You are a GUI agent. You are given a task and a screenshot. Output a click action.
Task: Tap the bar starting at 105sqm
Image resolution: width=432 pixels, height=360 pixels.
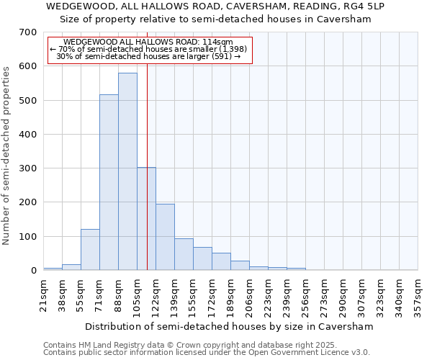point(146,219)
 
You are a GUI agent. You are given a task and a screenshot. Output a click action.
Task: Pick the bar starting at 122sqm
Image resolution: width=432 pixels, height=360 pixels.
point(165,237)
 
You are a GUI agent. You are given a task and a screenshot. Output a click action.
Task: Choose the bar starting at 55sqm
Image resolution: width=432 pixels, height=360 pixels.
point(90,250)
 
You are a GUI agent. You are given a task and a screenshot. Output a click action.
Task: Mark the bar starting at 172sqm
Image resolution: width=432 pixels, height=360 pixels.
point(221,261)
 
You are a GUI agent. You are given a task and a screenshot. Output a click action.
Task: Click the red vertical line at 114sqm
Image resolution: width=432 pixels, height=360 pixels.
point(147,144)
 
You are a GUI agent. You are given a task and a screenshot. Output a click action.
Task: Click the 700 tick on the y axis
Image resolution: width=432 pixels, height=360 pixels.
point(29,32)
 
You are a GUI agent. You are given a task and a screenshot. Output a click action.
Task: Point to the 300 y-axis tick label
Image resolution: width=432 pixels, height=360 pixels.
point(29,168)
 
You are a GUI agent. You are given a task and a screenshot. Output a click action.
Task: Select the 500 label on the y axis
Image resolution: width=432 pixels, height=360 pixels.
point(29,101)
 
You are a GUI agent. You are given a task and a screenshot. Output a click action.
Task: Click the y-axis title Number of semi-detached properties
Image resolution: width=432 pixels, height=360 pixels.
point(6,156)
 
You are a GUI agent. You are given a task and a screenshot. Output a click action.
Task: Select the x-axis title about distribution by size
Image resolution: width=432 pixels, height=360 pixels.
point(229,326)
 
